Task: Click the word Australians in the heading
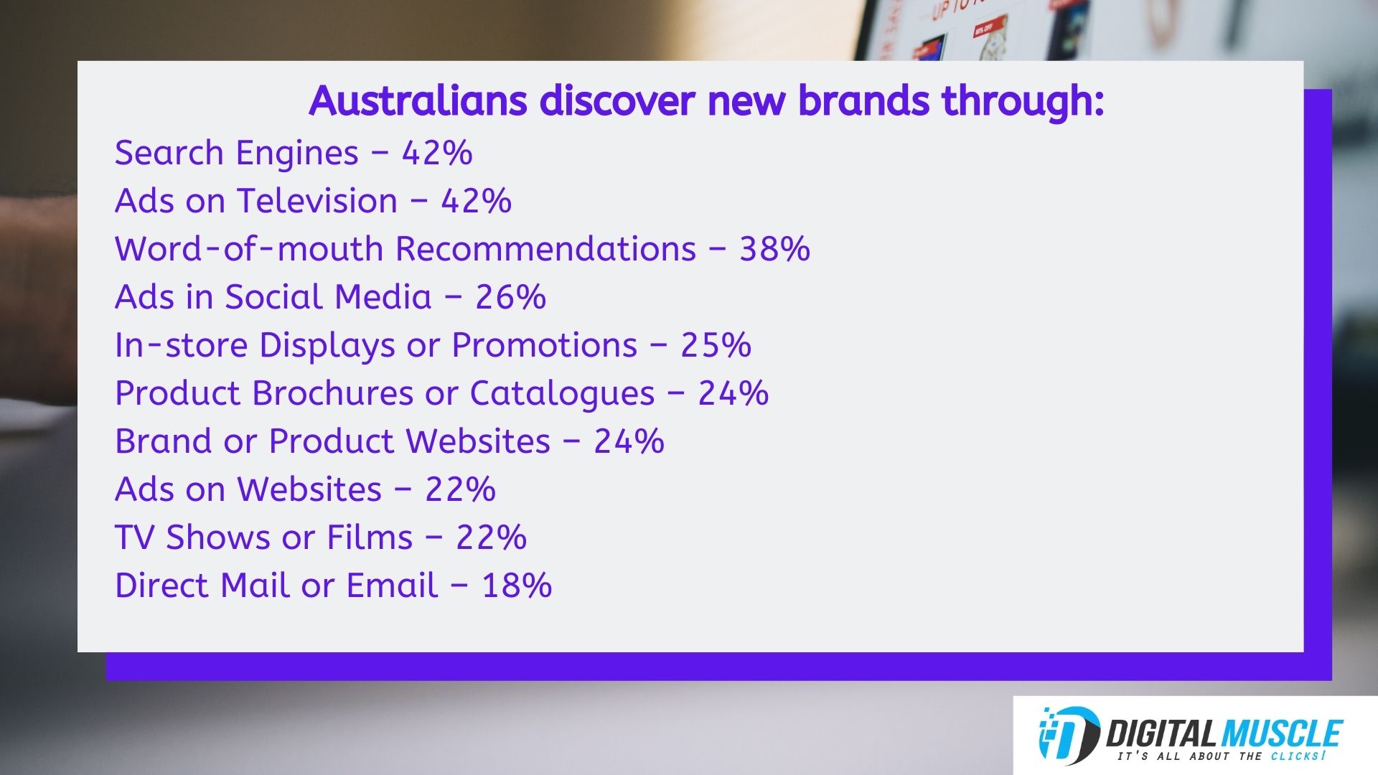click(418, 100)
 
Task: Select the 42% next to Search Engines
click(437, 153)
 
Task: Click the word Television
click(317, 201)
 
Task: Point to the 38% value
click(775, 249)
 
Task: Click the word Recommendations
click(546, 249)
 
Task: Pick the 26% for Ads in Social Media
click(511, 297)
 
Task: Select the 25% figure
click(716, 345)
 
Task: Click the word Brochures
click(333, 393)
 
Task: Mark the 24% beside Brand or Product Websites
click(629, 441)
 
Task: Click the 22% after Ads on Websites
click(460, 489)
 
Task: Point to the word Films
click(370, 537)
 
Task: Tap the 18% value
click(517, 586)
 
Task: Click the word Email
click(392, 586)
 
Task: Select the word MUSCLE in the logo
click(1281, 734)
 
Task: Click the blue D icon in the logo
click(1069, 736)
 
